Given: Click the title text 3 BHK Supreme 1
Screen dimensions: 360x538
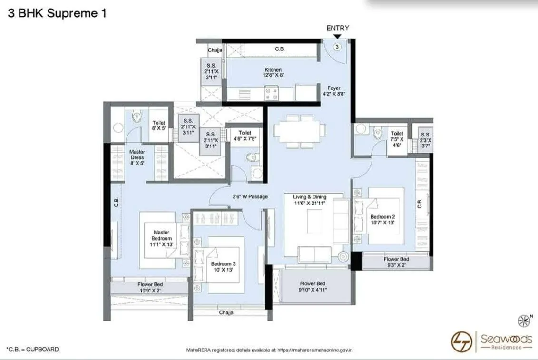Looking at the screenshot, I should (x=57, y=13).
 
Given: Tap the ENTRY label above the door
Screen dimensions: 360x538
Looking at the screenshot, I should (x=337, y=29).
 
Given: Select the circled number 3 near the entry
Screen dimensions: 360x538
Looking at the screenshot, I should (x=337, y=47).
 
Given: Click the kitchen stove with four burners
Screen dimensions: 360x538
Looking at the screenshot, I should (x=272, y=92).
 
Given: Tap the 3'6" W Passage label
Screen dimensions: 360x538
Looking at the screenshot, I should (x=250, y=196).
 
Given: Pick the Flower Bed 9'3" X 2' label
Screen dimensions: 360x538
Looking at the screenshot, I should (x=396, y=263).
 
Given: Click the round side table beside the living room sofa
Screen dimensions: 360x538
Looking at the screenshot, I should (x=343, y=257).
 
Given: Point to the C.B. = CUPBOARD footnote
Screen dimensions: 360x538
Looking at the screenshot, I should (x=32, y=350).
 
